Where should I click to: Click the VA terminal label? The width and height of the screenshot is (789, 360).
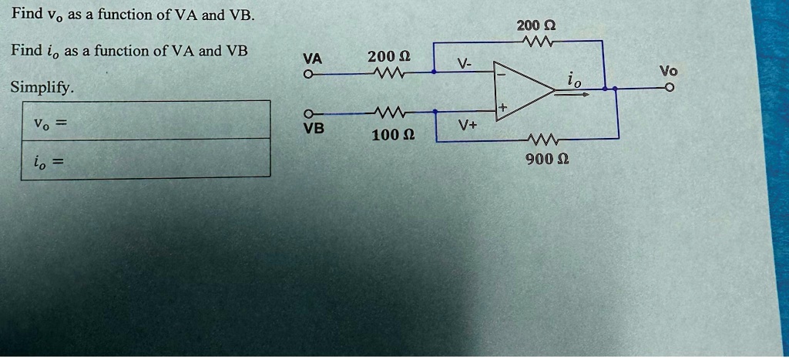click(313, 59)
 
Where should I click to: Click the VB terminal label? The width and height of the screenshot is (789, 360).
click(314, 129)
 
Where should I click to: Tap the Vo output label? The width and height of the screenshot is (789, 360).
click(668, 71)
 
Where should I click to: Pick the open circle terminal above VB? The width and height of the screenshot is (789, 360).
click(308, 113)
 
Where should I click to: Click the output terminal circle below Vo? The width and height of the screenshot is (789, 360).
click(669, 88)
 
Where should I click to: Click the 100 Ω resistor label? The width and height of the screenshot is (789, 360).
click(394, 135)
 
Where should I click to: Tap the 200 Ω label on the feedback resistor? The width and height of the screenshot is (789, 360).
click(536, 25)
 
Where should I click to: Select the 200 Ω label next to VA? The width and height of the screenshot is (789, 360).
click(388, 56)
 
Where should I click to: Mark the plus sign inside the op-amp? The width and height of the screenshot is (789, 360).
click(502, 108)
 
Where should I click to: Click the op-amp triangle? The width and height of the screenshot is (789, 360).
click(524, 91)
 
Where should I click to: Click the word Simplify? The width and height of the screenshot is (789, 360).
click(42, 88)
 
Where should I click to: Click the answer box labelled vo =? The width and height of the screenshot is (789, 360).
click(146, 119)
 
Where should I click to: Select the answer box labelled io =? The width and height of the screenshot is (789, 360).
click(146, 159)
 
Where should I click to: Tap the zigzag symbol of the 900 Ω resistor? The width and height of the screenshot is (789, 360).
click(542, 138)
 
